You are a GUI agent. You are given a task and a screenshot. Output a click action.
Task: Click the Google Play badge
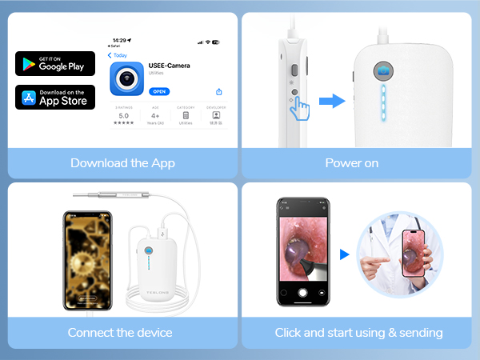(x=54, y=63)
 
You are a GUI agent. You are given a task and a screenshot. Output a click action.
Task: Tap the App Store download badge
(x=54, y=97)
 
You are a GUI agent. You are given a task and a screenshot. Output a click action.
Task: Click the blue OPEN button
(x=160, y=92)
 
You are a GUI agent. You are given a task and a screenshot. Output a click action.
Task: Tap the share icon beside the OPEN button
(x=219, y=93)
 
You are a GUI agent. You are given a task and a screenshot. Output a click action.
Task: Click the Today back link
(x=118, y=55)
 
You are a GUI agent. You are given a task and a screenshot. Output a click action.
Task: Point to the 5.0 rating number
(x=123, y=115)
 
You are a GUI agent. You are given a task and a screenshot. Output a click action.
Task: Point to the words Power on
(x=351, y=162)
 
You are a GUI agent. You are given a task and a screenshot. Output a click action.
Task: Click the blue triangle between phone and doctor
(x=345, y=254)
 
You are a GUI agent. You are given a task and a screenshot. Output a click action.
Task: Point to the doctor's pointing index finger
(x=379, y=262)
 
